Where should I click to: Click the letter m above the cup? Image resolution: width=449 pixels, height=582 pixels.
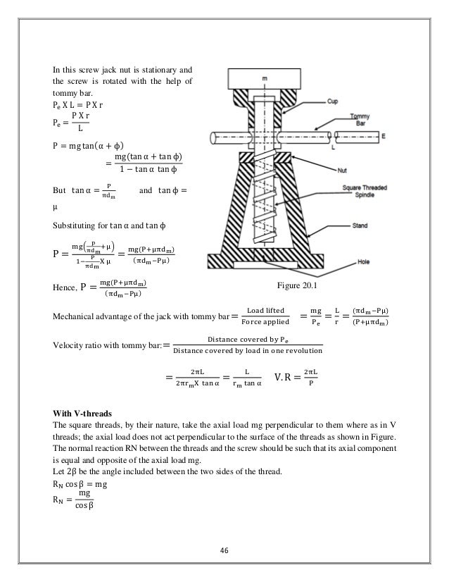[265, 79]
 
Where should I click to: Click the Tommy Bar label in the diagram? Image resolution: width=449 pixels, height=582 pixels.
[372, 117]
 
